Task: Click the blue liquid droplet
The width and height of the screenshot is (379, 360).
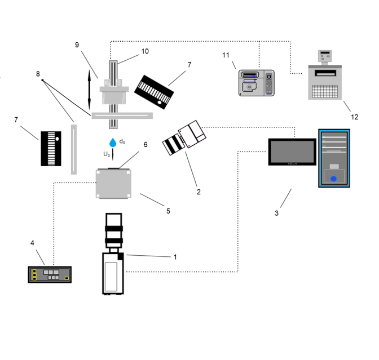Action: point(113,141)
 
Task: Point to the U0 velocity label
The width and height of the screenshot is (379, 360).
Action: point(106,153)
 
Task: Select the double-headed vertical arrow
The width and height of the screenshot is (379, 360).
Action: point(89,89)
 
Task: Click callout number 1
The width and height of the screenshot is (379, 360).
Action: point(175,256)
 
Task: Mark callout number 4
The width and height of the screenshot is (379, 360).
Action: point(32,243)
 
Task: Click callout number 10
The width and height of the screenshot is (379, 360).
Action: point(145,51)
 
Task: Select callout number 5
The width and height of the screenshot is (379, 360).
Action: point(168,211)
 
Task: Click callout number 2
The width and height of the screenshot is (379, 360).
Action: point(198,192)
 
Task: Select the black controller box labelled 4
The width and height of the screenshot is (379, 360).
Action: point(50,274)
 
